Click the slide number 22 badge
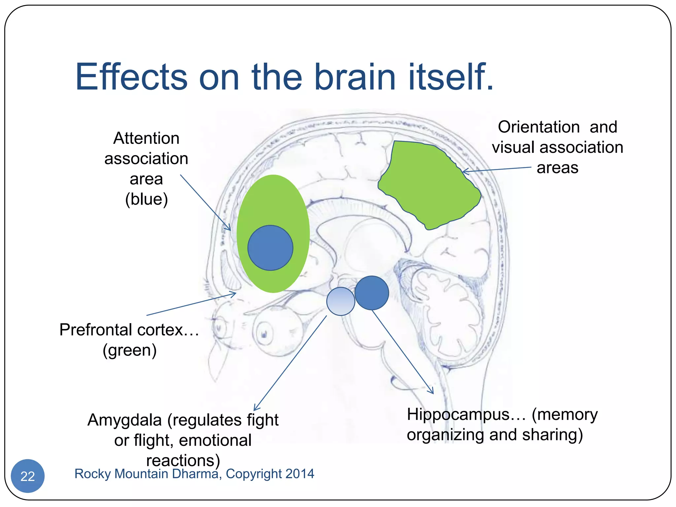point(27,476)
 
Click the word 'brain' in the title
point(355,77)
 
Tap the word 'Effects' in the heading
point(131,77)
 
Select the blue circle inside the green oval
point(270,248)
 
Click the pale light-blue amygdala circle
point(341,301)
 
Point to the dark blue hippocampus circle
point(372,293)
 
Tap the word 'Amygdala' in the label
point(125,421)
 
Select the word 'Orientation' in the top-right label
point(539,127)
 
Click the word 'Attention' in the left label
point(146,138)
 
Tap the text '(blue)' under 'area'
point(146,199)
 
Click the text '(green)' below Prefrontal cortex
point(129,350)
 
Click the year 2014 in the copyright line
point(300,474)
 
